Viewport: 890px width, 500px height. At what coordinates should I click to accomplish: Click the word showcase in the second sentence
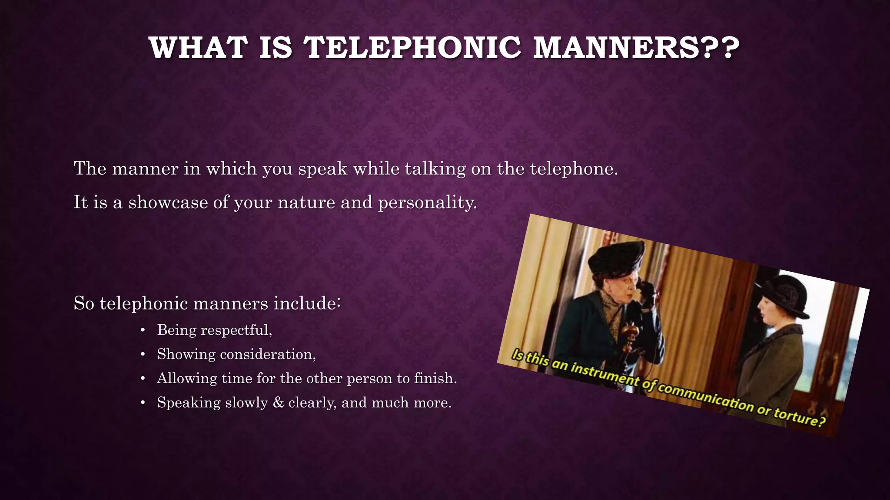[x=168, y=202]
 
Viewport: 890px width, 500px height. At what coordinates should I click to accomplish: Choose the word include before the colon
[x=308, y=303]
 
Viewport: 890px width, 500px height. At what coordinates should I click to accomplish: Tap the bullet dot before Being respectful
[x=143, y=330]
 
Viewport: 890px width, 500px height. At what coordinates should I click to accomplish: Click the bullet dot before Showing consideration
[x=143, y=355]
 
